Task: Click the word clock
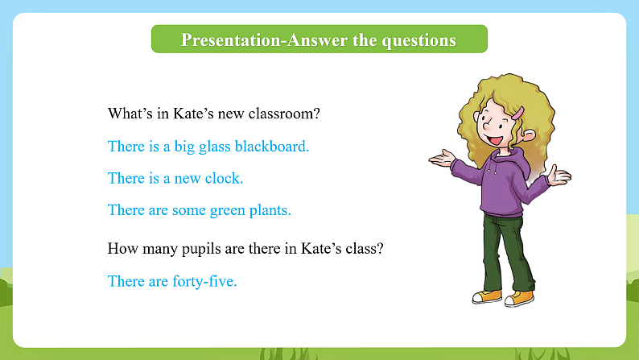tap(226, 178)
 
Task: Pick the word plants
tap(270, 211)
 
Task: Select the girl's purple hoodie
tap(501, 181)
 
